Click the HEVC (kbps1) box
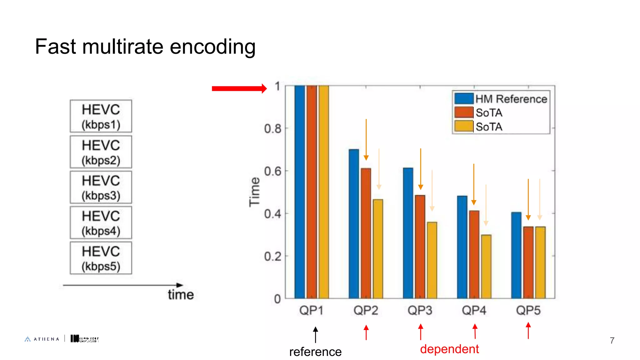pyautogui.click(x=101, y=116)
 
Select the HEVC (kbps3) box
pyautogui.click(x=101, y=187)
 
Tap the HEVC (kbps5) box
pyautogui.click(x=101, y=258)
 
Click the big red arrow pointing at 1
pyautogui.click(x=239, y=88)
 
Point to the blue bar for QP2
pyautogui.click(x=354, y=223)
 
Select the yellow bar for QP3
pyautogui.click(x=432, y=260)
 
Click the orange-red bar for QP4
pyautogui.click(x=474, y=254)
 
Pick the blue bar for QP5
pyautogui.click(x=516, y=255)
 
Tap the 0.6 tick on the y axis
pyautogui.click(x=272, y=171)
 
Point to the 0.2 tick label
pyautogui.click(x=272, y=257)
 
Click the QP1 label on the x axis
pyautogui.click(x=311, y=310)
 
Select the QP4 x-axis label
pyautogui.click(x=474, y=310)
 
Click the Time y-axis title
pyautogui.click(x=254, y=192)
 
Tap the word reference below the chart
pyautogui.click(x=315, y=352)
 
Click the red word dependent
pyautogui.click(x=449, y=349)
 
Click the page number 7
pyautogui.click(x=612, y=340)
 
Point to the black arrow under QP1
pyautogui.click(x=316, y=334)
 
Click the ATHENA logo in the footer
pyautogui.click(x=42, y=339)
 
